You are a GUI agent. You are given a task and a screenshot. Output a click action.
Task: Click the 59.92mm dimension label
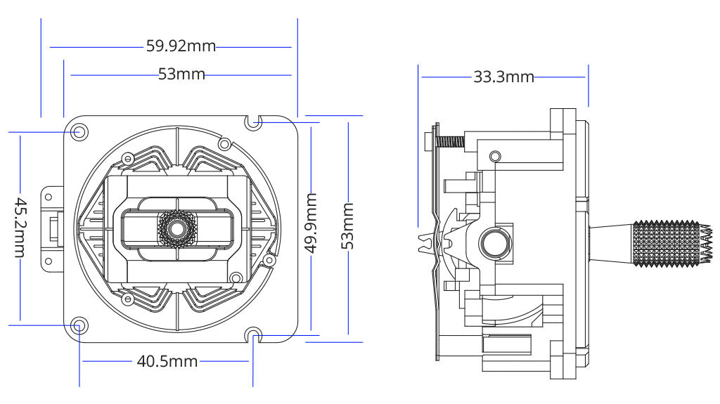coord(181,47)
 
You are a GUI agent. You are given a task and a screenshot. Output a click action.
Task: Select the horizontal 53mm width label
coord(181,74)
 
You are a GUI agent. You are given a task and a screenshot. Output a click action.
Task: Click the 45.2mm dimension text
coord(20,226)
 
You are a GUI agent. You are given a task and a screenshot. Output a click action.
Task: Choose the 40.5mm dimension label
coord(167,361)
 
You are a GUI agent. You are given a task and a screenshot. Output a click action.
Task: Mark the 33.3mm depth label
coord(503,77)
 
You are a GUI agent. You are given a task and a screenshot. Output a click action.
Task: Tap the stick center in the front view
coord(176,227)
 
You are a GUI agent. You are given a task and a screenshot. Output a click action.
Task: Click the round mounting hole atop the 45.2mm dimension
coord(79,131)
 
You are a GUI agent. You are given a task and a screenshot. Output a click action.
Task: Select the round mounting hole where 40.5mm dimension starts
coord(79,325)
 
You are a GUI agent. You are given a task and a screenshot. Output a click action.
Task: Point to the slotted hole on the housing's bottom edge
coord(254,334)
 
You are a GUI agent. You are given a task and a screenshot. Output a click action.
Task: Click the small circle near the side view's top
coord(495,155)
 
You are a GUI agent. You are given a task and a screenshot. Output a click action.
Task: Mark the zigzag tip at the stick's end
coord(706,244)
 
